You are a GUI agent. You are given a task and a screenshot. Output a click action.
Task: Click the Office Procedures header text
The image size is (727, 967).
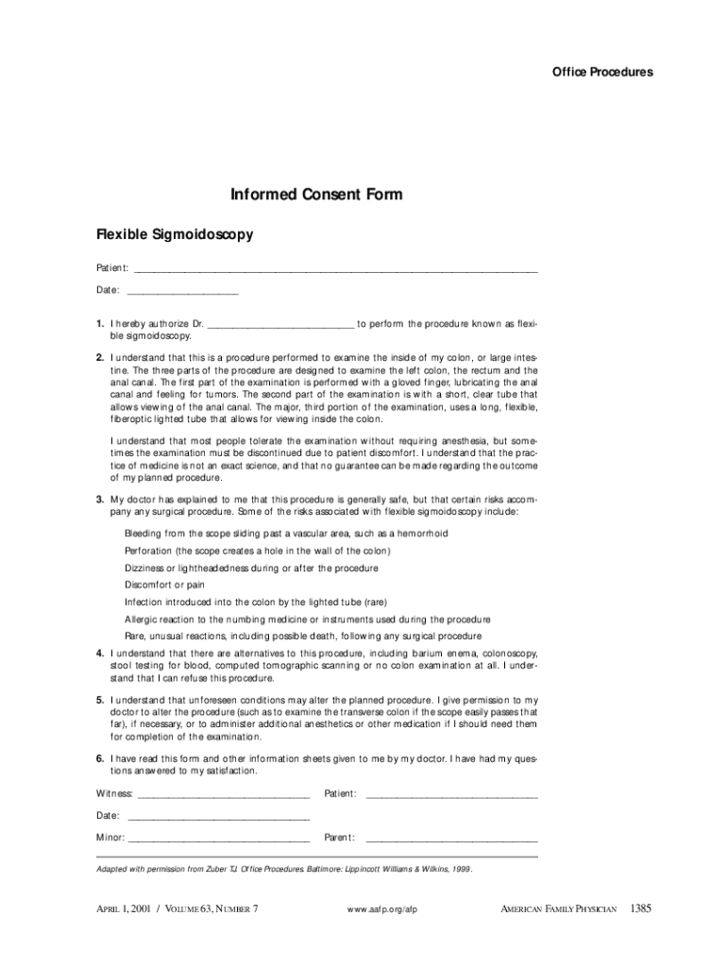point(602,73)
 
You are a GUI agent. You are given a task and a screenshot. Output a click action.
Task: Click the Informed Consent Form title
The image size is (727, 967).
point(316,195)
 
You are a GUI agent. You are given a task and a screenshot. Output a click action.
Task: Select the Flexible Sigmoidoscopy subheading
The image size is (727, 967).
point(175,234)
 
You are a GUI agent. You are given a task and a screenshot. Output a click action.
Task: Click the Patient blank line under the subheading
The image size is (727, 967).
point(336,270)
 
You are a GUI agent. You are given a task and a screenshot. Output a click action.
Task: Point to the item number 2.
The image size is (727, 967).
point(99,358)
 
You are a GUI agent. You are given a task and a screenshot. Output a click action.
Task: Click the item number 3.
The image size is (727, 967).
point(99,499)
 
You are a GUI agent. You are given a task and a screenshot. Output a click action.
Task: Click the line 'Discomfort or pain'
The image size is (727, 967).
point(164,585)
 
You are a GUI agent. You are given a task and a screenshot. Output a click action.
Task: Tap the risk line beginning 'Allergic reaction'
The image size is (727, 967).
point(307,619)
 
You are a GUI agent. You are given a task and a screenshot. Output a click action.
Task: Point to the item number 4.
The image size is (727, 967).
point(99,653)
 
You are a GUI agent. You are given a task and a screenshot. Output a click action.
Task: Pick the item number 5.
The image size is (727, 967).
point(99,701)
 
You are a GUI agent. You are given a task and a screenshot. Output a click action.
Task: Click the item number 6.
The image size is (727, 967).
point(99,759)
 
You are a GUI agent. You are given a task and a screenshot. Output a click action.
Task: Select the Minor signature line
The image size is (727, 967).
point(218,840)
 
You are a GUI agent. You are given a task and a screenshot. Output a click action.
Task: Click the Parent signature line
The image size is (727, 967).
point(451,840)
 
